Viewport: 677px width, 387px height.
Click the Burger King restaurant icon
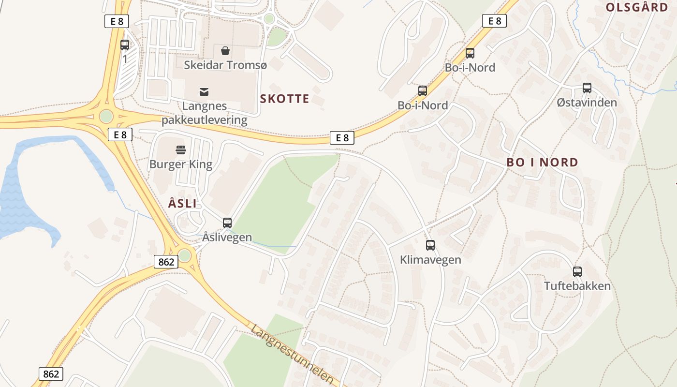point(181,150)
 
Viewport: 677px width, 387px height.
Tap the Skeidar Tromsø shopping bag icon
point(225,50)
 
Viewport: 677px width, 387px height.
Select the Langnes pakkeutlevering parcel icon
point(204,91)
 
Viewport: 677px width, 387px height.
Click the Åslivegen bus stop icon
point(227,223)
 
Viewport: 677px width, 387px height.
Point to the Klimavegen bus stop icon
point(430,245)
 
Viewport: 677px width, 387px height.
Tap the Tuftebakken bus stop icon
point(577,272)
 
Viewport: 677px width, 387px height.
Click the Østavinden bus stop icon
point(587,88)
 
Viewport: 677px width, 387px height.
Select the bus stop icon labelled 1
point(125,45)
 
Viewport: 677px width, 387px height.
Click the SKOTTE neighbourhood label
point(284,99)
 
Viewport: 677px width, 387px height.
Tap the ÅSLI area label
point(182,204)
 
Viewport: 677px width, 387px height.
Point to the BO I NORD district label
point(542,163)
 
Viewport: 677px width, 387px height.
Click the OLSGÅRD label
point(637,7)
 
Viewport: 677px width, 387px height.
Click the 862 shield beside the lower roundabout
point(166,262)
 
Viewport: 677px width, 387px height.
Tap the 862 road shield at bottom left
point(51,374)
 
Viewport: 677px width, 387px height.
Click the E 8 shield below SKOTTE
point(342,138)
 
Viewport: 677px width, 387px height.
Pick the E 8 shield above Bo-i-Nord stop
point(494,21)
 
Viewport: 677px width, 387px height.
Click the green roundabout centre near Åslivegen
point(185,255)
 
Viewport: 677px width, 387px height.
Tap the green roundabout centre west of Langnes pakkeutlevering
point(106,117)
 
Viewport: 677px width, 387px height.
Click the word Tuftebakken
point(577,286)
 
